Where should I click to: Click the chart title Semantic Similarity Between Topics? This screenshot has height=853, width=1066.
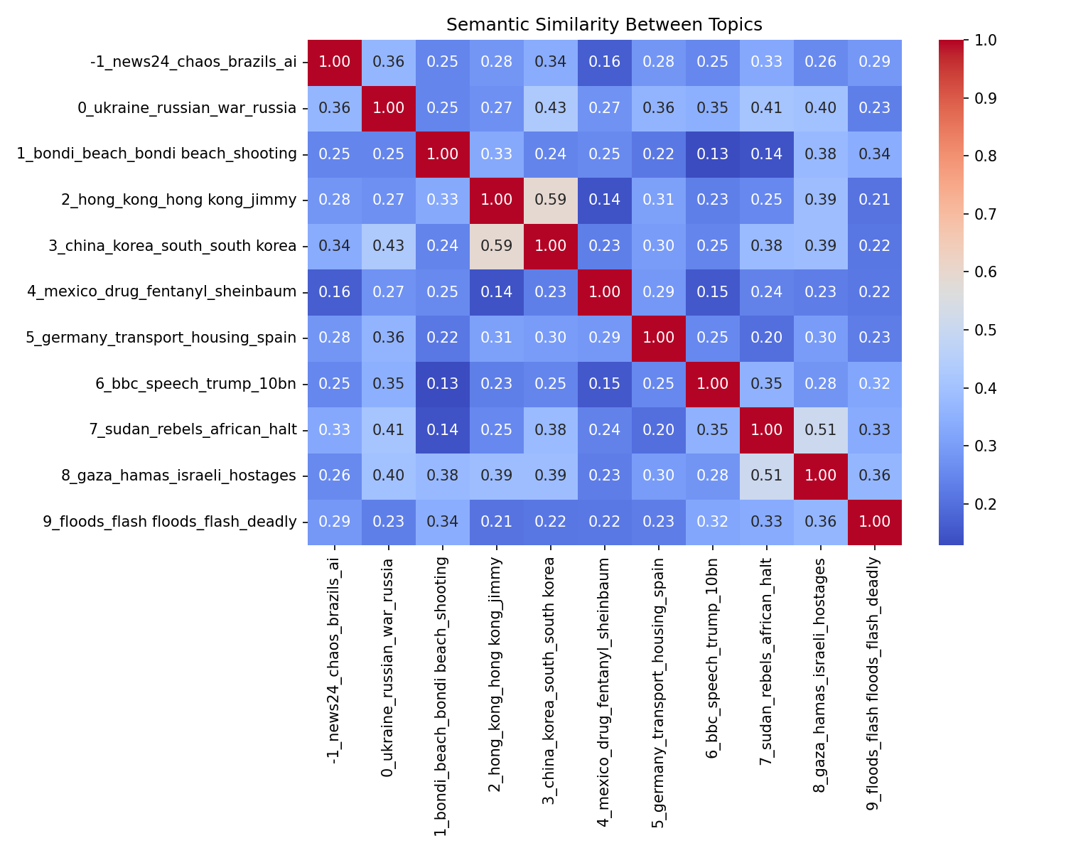[x=604, y=25]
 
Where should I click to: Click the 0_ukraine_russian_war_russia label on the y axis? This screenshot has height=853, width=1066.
[x=187, y=108]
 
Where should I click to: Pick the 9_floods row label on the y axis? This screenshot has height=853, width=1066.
[x=170, y=522]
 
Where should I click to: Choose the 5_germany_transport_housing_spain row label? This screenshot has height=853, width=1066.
[x=161, y=338]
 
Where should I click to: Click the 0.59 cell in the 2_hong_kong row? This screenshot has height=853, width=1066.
[x=551, y=200]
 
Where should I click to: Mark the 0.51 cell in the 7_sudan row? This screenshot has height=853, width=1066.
[x=821, y=429]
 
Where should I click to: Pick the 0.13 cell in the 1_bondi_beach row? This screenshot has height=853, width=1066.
[x=713, y=154]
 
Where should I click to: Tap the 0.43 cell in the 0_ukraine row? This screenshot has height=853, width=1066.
[x=551, y=108]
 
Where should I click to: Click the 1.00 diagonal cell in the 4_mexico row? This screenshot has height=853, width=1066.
[x=605, y=291]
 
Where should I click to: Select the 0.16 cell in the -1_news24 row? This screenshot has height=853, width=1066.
[x=605, y=62]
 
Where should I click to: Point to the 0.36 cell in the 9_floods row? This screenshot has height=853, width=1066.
[x=821, y=522]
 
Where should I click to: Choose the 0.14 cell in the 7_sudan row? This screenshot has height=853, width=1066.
[x=443, y=429]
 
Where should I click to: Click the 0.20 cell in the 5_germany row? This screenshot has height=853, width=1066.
[x=767, y=338]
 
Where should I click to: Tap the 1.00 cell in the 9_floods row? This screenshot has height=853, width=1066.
[x=875, y=522]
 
